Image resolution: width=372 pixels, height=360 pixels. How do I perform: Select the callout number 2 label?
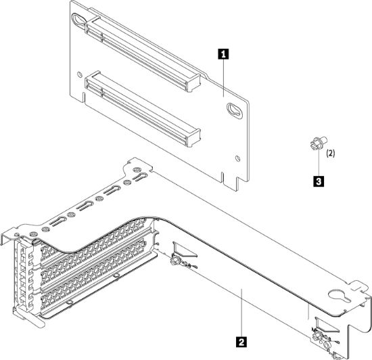(239, 334)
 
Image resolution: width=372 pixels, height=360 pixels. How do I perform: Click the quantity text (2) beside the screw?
(330, 154)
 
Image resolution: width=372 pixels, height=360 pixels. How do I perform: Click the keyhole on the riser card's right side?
(236, 109)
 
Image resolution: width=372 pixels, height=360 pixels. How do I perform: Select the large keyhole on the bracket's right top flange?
(335, 296)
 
